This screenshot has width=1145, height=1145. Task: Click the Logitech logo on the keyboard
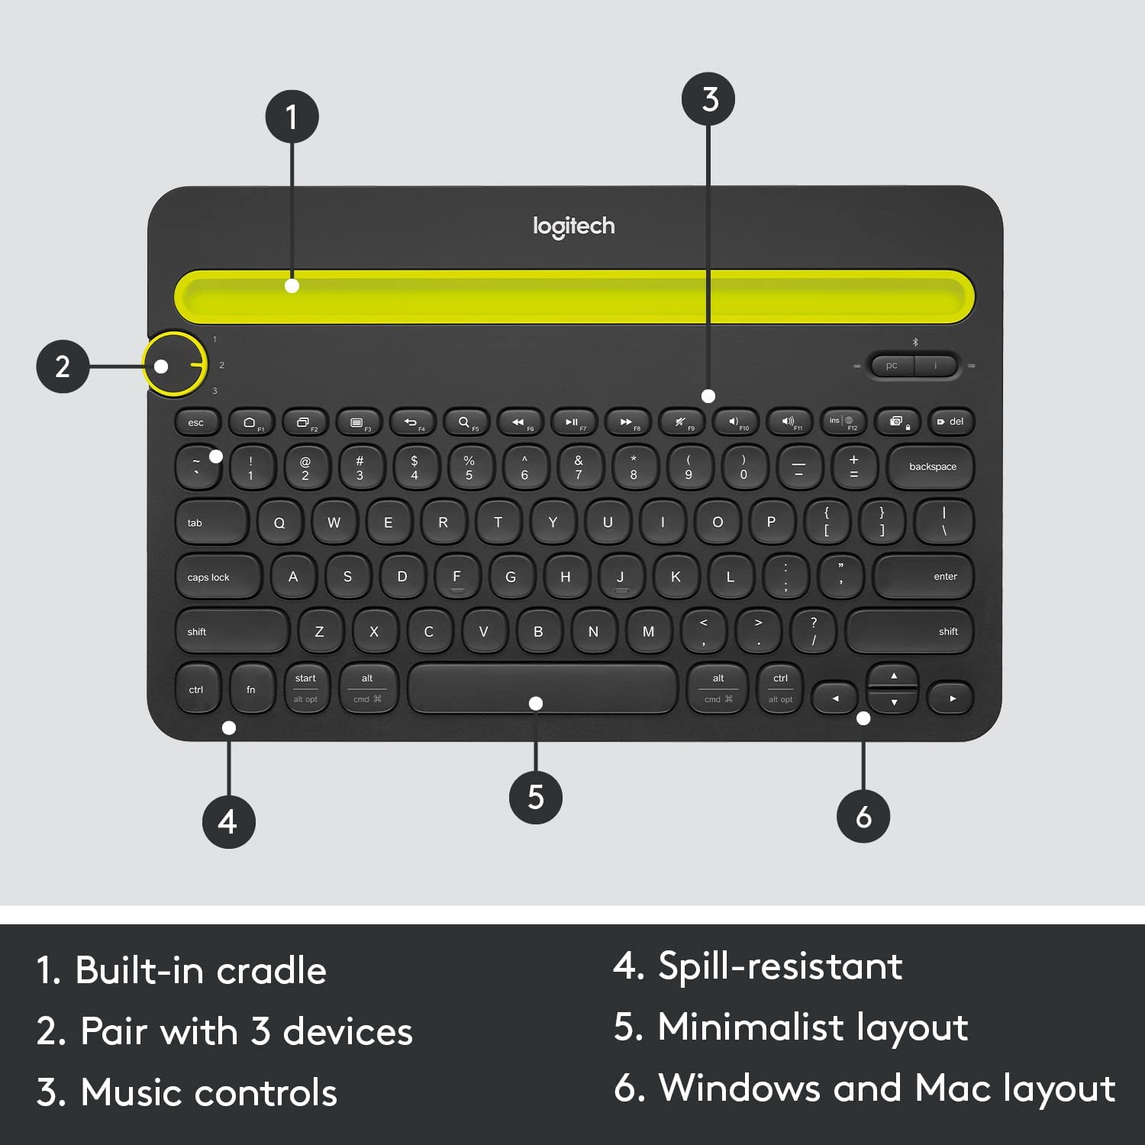coord(573,226)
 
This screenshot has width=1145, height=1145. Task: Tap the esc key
coord(197,422)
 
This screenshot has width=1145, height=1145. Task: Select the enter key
coord(924,577)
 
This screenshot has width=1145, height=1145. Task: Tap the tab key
coord(211,523)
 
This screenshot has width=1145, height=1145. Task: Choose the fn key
coord(251,689)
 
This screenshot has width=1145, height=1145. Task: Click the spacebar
coord(542,687)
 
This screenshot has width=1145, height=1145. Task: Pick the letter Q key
coord(279,523)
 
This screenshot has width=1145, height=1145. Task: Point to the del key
coord(951,421)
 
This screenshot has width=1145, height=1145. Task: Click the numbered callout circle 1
coord(292,117)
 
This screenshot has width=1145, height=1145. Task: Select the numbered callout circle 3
coord(709,99)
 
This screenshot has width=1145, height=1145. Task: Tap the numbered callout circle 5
coord(536,797)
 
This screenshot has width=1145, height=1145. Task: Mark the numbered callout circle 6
coord(863,817)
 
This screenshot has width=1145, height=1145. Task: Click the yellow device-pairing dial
coord(175,364)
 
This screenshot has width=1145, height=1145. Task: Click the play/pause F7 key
coord(572,422)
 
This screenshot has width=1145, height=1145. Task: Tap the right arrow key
coord(951,698)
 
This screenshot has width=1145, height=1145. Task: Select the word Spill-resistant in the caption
coord(780,966)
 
